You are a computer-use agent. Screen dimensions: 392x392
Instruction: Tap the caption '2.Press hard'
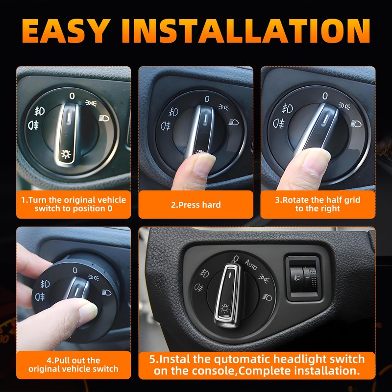coord(196,205)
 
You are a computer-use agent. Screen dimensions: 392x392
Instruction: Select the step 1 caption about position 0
coord(73,204)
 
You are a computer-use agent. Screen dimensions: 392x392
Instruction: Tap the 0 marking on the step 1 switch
coord(72,96)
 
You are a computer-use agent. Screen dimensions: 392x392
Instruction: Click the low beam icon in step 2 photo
coord(234,122)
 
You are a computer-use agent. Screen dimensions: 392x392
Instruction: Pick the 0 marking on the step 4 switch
coord(75,270)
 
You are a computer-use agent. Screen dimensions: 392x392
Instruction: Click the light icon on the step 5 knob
coord(224,308)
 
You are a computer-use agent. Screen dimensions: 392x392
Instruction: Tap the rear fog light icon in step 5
coord(199,288)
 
